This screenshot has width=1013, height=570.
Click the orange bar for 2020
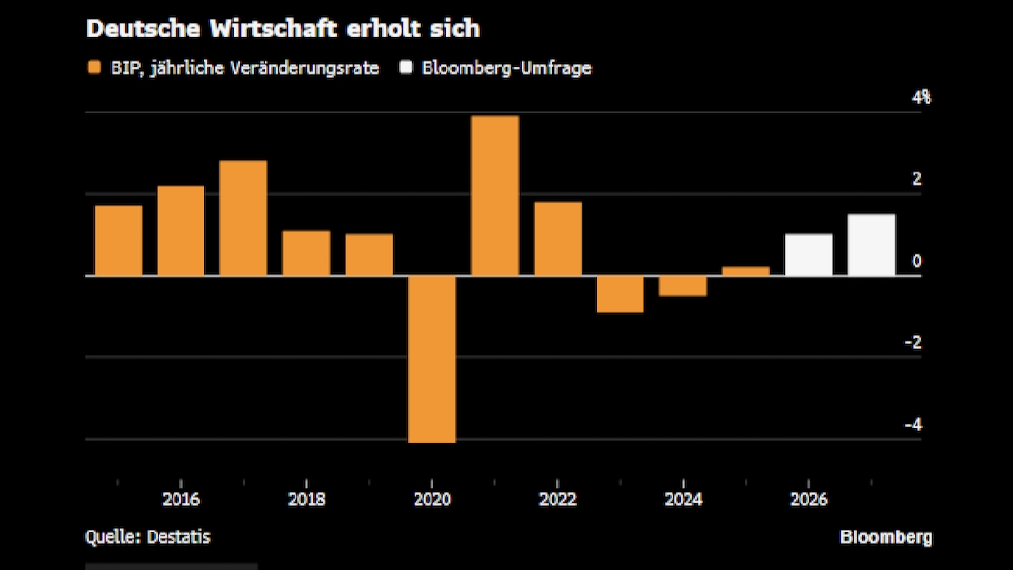click(x=431, y=358)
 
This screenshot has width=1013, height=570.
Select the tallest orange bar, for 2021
click(x=494, y=195)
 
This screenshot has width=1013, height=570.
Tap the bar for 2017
click(x=243, y=217)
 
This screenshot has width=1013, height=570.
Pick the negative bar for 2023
click(x=620, y=293)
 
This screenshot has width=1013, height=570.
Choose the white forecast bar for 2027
click(x=871, y=245)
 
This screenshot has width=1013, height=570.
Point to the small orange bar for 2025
click(x=746, y=271)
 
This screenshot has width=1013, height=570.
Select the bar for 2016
click(x=180, y=230)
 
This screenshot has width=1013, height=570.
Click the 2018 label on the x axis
click(x=306, y=499)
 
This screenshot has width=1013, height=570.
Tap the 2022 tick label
click(x=557, y=499)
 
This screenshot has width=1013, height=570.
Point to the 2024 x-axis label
click(x=683, y=499)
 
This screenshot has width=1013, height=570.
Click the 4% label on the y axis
click(x=922, y=97)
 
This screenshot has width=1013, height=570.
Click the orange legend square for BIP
click(x=94, y=67)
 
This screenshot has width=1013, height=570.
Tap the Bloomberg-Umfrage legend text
click(x=506, y=67)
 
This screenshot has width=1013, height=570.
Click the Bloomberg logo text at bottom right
click(x=885, y=537)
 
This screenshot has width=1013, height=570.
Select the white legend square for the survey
click(x=405, y=67)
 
